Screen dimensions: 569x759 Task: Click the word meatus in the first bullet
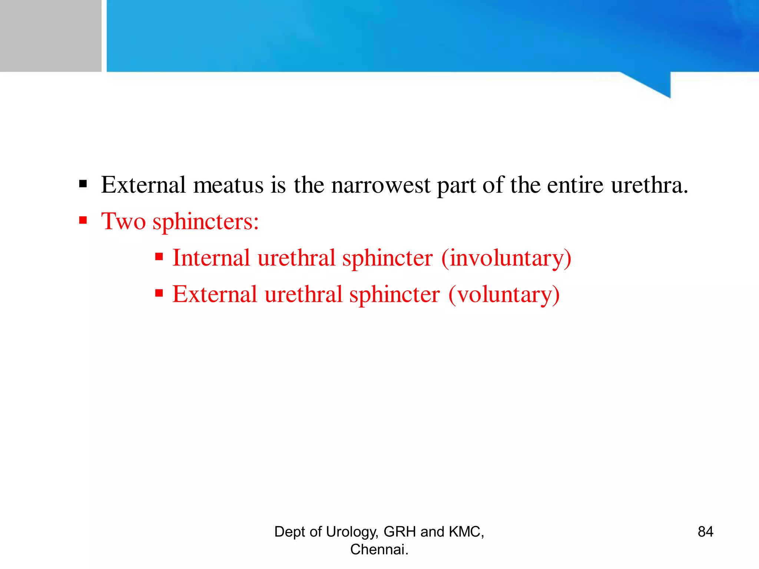[228, 185]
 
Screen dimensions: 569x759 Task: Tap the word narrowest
[381, 185]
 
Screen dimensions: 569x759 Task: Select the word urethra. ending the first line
[649, 185]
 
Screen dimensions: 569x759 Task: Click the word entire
[575, 185]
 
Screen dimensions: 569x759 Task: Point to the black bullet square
[83, 184]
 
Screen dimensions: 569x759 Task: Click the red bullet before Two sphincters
[83, 220]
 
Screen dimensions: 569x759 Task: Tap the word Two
[123, 221]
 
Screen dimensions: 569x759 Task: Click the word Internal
[211, 258]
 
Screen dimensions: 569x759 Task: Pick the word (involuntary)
[506, 259]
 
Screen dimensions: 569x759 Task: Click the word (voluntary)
[504, 295]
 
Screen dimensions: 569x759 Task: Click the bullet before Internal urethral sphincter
[159, 257]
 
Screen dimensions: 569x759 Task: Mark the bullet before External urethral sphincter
[159, 293]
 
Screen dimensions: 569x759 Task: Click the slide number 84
[705, 532]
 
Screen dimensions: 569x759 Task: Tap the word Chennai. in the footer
[379, 549]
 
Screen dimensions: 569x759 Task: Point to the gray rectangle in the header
[50, 36]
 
